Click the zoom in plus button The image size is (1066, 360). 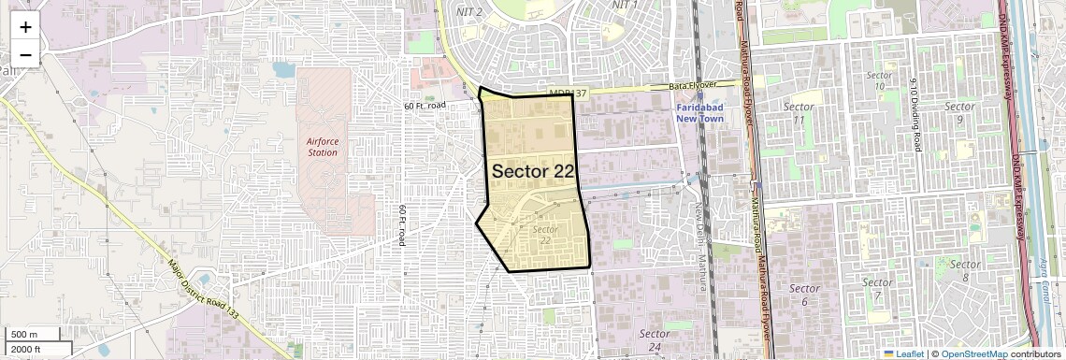(x=25, y=26)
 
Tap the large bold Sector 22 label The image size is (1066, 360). (x=532, y=171)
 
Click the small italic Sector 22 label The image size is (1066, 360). (x=545, y=235)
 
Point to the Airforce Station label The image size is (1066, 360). (x=323, y=147)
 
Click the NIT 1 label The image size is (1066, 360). (x=625, y=5)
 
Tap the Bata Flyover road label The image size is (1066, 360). (x=694, y=86)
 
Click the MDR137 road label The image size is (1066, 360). (x=568, y=94)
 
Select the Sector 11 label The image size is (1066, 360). (x=799, y=113)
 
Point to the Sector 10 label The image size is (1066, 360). (x=880, y=79)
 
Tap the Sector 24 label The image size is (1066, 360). (x=655, y=340)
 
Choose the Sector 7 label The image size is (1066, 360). (x=877, y=289)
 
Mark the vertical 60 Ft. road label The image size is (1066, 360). (x=402, y=225)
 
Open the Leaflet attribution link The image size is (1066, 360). (x=903, y=353)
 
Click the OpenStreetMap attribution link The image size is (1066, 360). (x=973, y=353)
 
